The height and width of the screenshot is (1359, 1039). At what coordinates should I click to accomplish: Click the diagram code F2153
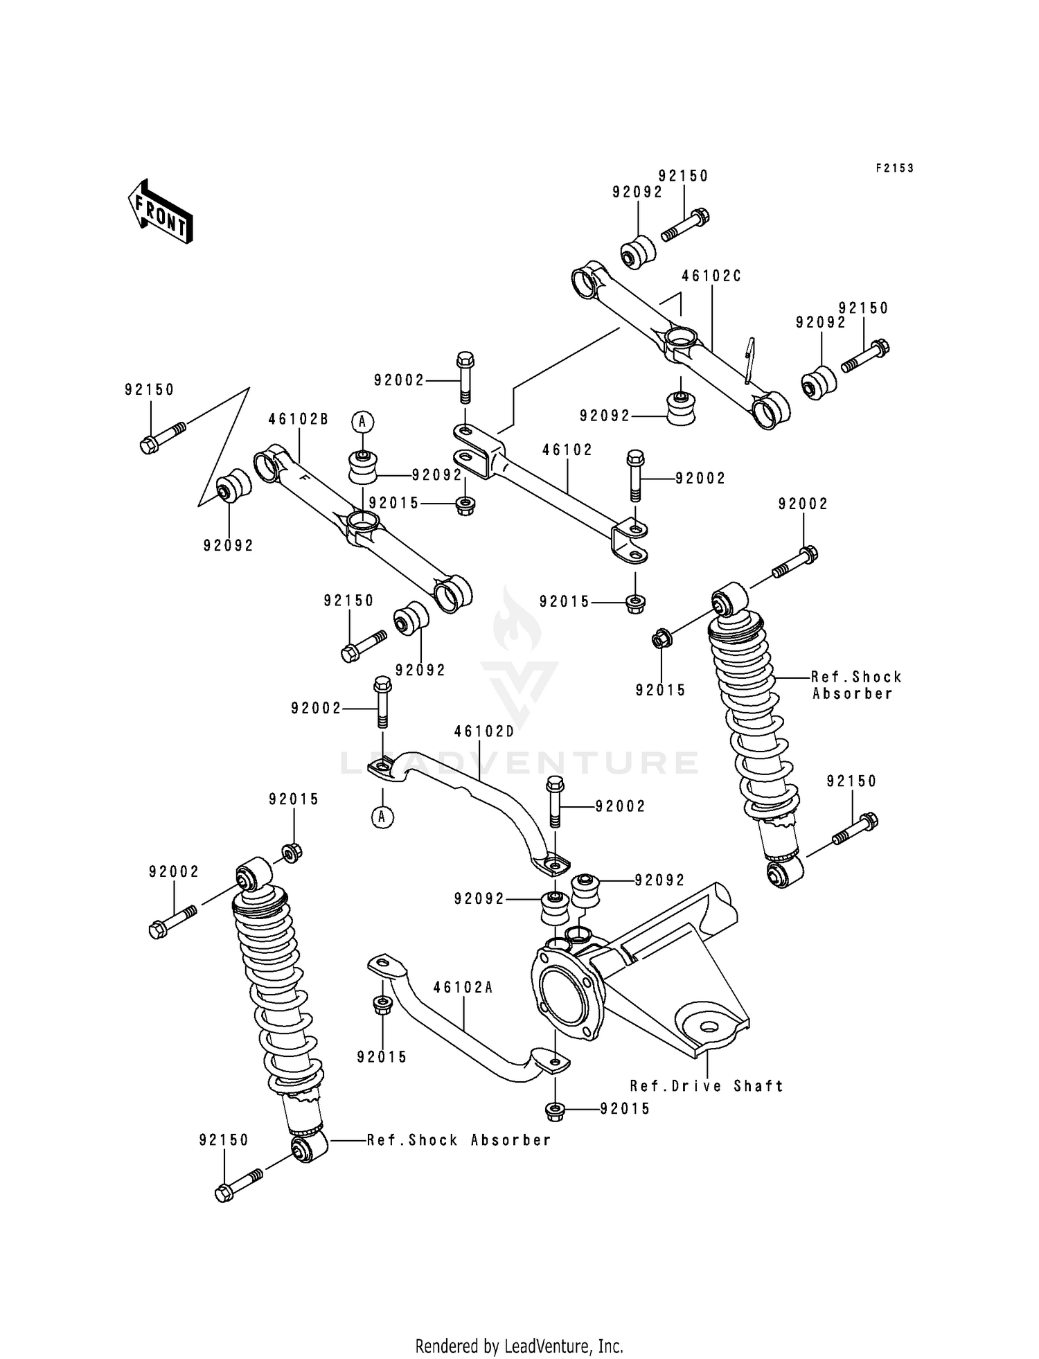coord(894,168)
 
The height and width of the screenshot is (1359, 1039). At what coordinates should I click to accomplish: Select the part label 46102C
coord(711,276)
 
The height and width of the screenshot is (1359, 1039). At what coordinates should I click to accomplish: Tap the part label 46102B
coord(298,419)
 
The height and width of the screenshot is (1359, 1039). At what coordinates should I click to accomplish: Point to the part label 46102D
coord(484,731)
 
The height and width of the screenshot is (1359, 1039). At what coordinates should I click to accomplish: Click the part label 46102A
coord(463,988)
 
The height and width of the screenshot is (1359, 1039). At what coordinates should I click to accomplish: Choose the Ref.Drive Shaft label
coord(707,1086)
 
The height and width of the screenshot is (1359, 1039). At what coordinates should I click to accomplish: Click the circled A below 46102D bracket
coord(382,817)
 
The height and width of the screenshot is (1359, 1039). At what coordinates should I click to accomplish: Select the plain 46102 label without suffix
coord(567,450)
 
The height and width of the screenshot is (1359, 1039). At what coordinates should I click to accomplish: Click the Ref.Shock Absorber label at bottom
coord(459,1140)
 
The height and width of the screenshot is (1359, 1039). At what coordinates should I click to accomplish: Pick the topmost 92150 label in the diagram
coord(683,176)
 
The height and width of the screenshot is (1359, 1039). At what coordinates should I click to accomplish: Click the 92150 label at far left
coord(150,390)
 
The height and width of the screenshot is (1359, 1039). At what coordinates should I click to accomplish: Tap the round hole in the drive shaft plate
coord(707,1027)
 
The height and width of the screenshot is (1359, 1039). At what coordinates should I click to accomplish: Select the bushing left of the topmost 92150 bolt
coord(637,254)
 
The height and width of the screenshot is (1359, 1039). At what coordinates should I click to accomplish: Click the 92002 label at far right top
coord(803,504)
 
